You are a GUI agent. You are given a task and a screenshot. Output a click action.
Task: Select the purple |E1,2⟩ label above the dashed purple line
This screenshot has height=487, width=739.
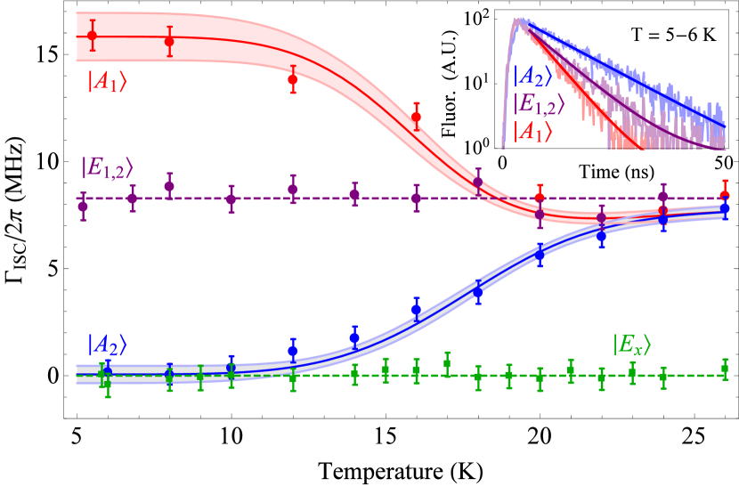[107, 166]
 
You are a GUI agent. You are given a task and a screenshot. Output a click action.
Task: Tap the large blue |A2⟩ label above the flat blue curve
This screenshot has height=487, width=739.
[107, 345]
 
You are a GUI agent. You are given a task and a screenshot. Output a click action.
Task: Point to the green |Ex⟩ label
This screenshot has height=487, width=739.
[631, 345]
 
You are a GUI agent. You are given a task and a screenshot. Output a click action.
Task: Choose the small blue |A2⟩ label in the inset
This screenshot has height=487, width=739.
[532, 77]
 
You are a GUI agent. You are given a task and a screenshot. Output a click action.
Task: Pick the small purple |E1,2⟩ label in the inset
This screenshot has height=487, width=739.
[539, 103]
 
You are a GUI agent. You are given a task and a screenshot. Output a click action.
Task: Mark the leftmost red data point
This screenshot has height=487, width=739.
[92, 36]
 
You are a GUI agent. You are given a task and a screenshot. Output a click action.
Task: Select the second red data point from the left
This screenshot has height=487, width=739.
[169, 41]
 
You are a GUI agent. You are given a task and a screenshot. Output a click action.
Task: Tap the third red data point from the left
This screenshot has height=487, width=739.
[292, 79]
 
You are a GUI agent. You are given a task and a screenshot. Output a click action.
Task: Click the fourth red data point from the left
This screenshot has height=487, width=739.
[416, 117]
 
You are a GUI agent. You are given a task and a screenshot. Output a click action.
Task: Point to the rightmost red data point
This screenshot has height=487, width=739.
[725, 195]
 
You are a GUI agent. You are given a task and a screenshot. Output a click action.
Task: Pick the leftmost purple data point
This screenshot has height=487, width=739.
[83, 207]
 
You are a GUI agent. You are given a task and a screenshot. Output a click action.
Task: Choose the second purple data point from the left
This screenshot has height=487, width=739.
[132, 199]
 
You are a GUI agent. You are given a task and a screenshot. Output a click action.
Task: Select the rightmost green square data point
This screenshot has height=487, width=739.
[725, 368]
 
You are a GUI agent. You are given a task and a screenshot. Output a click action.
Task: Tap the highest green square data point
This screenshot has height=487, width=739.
[447, 363]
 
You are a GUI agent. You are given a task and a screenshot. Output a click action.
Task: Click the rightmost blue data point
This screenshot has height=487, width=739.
[725, 207]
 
